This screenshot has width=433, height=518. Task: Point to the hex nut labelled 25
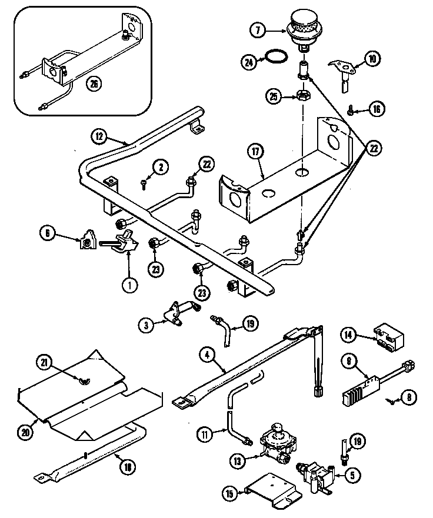(304, 95)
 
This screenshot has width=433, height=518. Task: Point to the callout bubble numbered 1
(129, 285)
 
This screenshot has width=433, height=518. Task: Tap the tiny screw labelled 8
(389, 400)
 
